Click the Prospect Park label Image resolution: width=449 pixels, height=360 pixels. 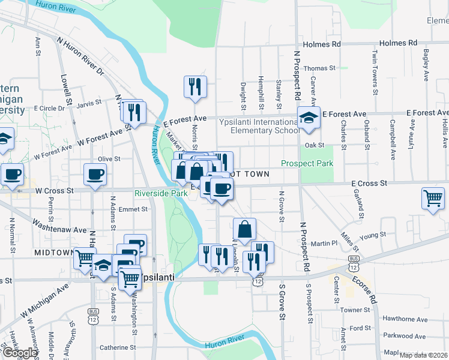pos(307,163)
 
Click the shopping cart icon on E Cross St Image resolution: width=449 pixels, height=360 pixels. pos(433,197)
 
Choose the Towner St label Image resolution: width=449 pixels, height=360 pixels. pos(357,310)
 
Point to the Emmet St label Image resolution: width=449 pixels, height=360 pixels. pos(133,209)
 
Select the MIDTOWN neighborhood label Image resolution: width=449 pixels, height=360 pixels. pos(53,253)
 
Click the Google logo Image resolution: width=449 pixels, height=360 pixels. pos(19,353)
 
